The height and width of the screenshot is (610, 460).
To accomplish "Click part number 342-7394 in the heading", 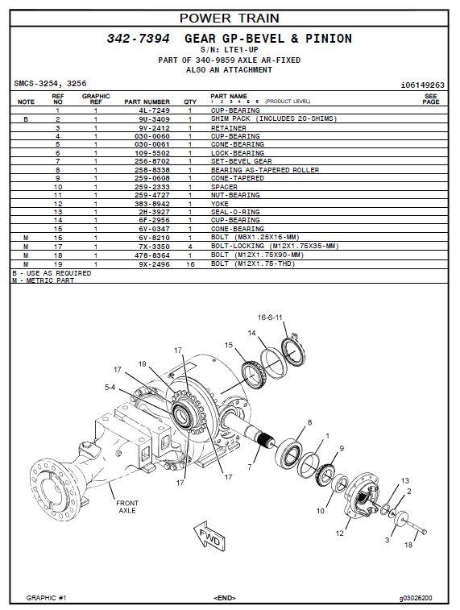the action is click(x=138, y=39).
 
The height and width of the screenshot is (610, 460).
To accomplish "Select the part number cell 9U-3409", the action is click(x=154, y=119).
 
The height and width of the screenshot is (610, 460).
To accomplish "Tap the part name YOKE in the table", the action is click(x=220, y=203).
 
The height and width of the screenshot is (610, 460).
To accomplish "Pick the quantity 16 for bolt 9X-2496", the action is click(x=190, y=264).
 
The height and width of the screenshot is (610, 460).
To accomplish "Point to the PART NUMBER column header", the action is click(x=147, y=102).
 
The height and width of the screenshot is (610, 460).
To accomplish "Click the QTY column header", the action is click(x=190, y=102).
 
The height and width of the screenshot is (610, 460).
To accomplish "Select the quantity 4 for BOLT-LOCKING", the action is click(x=190, y=247).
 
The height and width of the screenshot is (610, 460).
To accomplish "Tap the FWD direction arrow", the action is click(x=210, y=536).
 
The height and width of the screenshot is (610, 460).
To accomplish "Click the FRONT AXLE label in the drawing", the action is click(x=127, y=507).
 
